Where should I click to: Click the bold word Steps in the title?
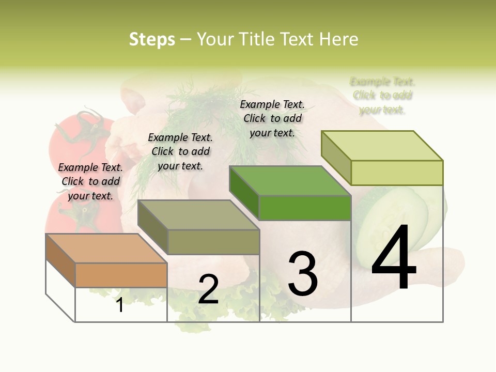tap(152, 39)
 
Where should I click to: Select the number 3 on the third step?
tap(302, 274)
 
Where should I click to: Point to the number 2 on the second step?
tap(208, 289)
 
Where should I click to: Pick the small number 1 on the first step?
tap(120, 305)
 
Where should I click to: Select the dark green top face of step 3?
tap(289, 181)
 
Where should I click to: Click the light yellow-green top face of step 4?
tap(382, 146)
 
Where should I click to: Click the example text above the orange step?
tap(91, 181)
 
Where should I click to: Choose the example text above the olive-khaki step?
tap(180, 151)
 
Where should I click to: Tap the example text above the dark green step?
tap(272, 118)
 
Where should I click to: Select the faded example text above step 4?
tap(382, 96)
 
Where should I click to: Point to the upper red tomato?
tap(78, 134)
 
